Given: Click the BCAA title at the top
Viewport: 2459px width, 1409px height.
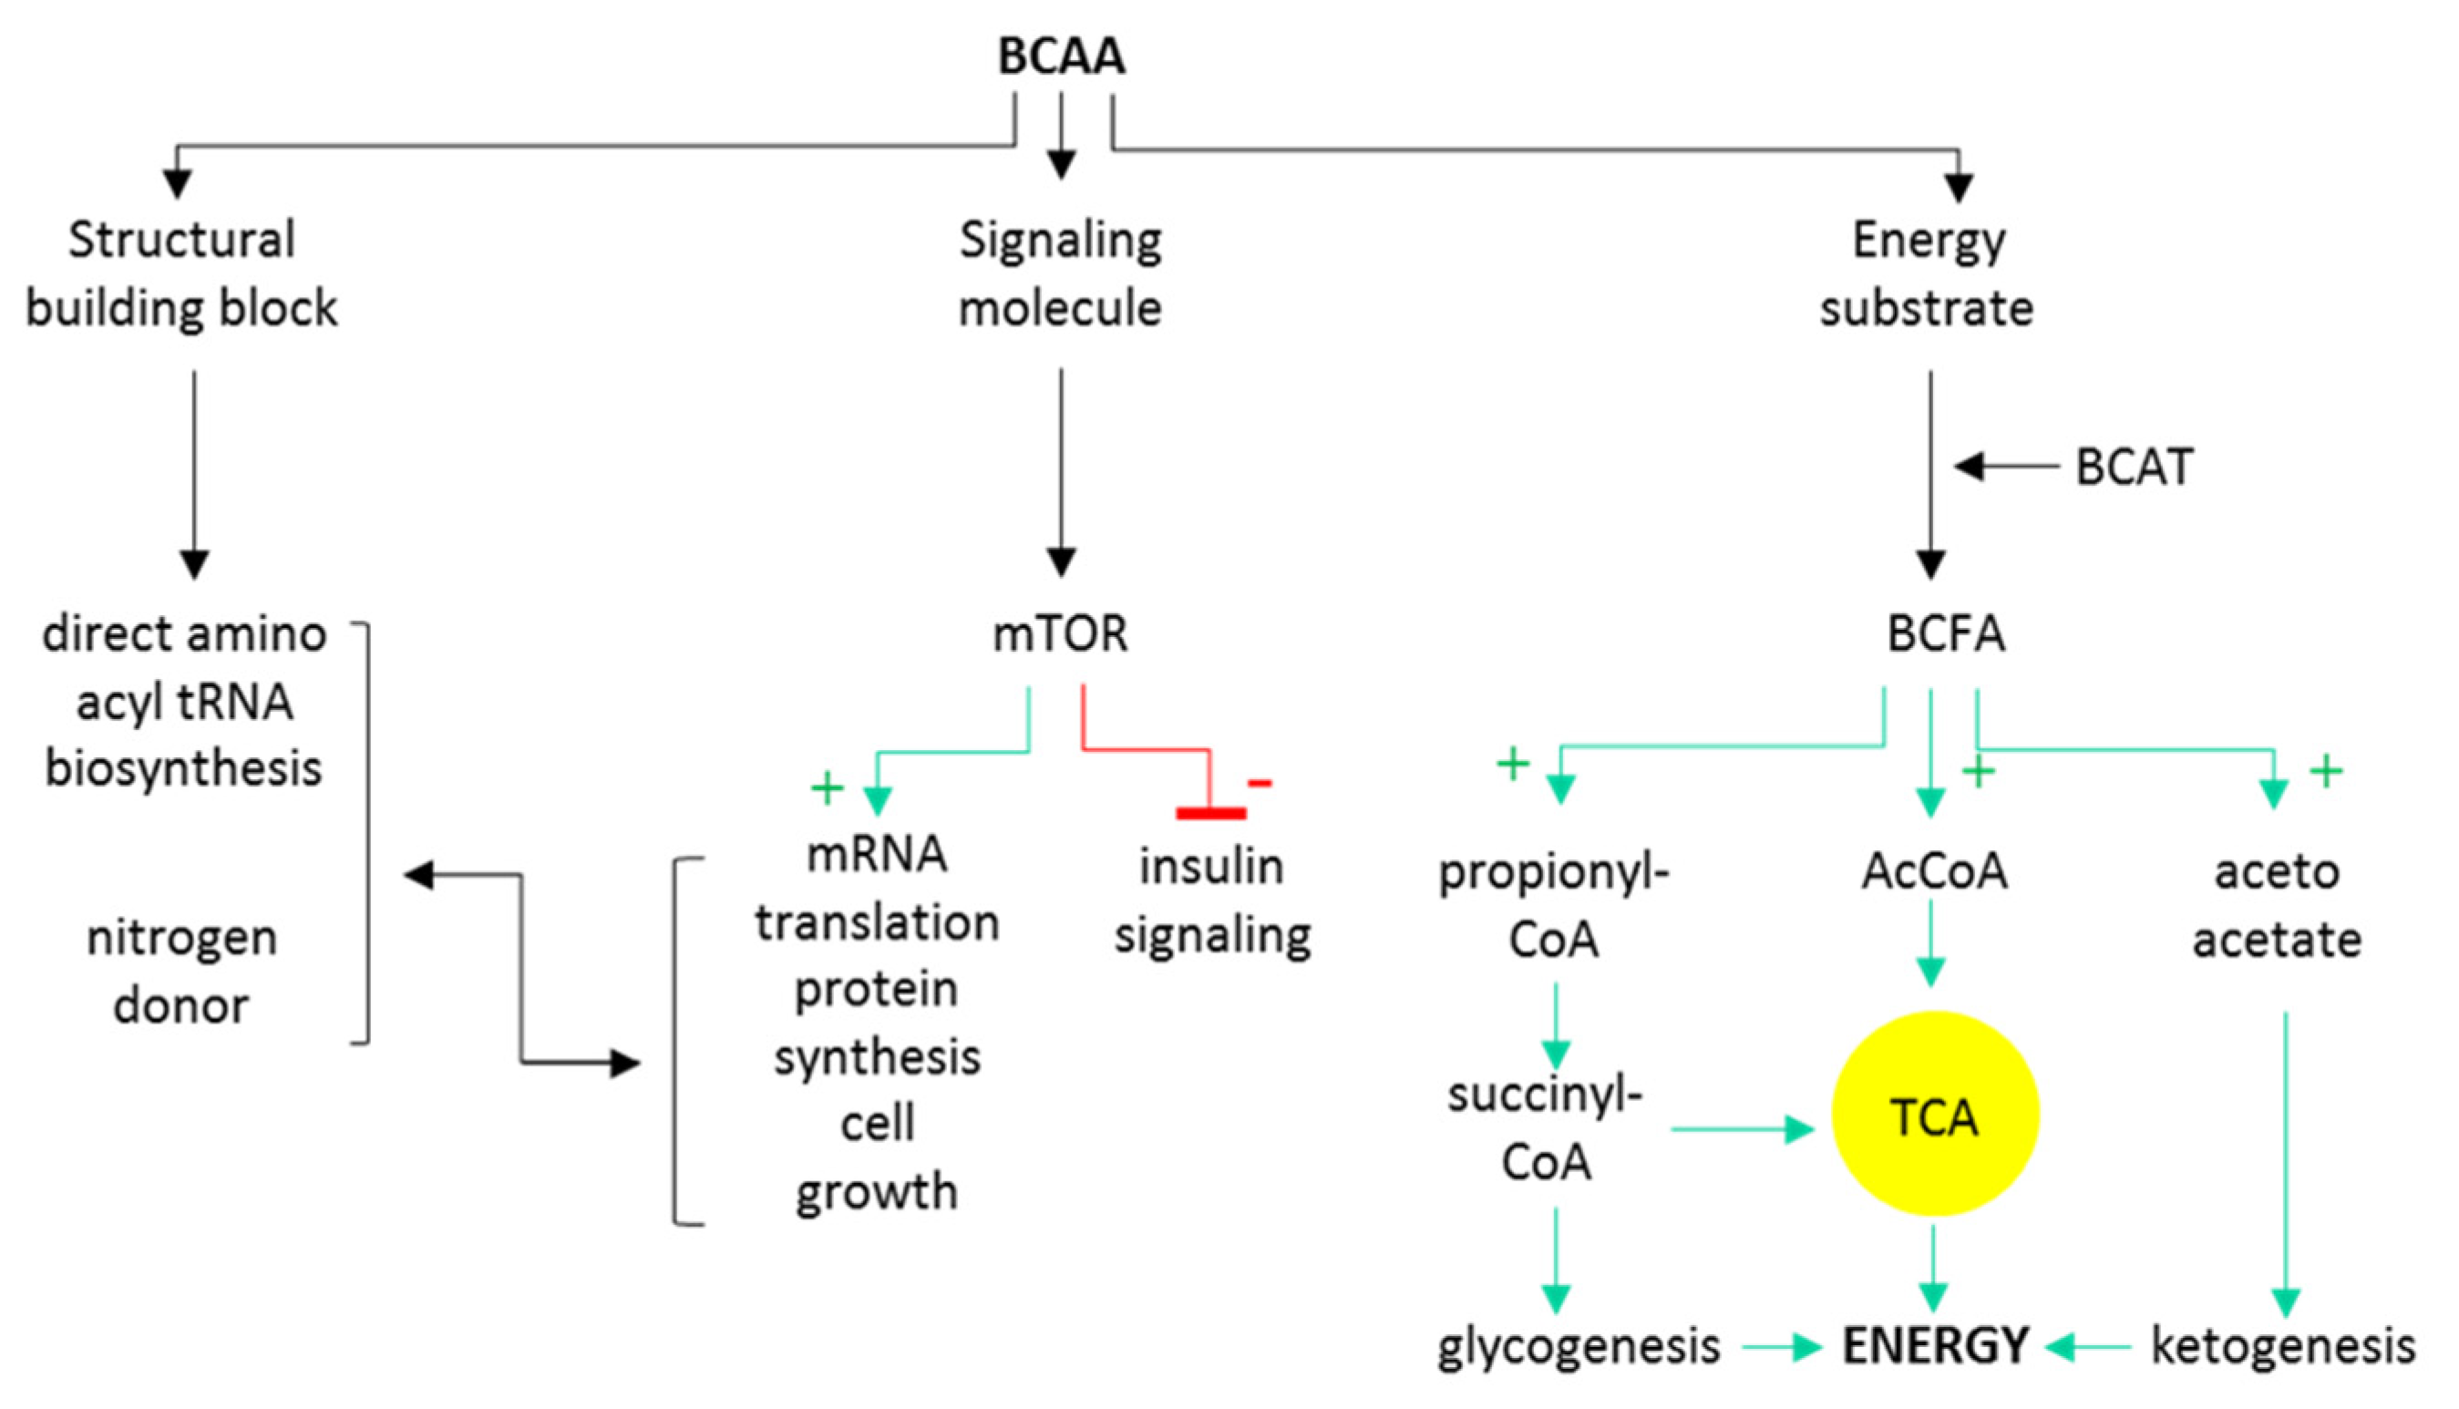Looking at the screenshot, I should pyautogui.click(x=1061, y=57).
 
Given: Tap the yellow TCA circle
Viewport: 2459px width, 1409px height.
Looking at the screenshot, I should pyautogui.click(x=1935, y=1114).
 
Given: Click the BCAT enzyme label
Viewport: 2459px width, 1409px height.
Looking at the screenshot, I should pyautogui.click(x=2134, y=468).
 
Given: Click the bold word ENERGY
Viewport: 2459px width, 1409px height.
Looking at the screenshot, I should pyautogui.click(x=1935, y=1346).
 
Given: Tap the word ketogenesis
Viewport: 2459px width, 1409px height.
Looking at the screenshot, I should pyautogui.click(x=2283, y=1346).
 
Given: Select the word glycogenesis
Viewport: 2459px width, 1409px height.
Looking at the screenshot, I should pyautogui.click(x=1578, y=1346).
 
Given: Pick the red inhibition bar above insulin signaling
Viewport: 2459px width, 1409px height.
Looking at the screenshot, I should pyautogui.click(x=1210, y=813).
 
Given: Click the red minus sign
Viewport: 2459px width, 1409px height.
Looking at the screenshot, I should pyautogui.click(x=1259, y=782).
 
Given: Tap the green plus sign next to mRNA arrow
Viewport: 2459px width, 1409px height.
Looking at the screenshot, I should pyautogui.click(x=827, y=787).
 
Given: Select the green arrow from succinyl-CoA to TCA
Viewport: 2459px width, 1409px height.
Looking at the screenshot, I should pyautogui.click(x=1742, y=1128).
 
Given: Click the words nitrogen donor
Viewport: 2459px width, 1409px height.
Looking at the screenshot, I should pyautogui.click(x=182, y=972).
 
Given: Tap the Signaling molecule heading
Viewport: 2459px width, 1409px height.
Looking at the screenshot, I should pyautogui.click(x=1061, y=273).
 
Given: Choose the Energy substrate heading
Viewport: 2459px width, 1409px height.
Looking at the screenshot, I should pyautogui.click(x=1927, y=273).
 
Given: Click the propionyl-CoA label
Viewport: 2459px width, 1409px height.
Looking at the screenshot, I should pyautogui.click(x=1553, y=905).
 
